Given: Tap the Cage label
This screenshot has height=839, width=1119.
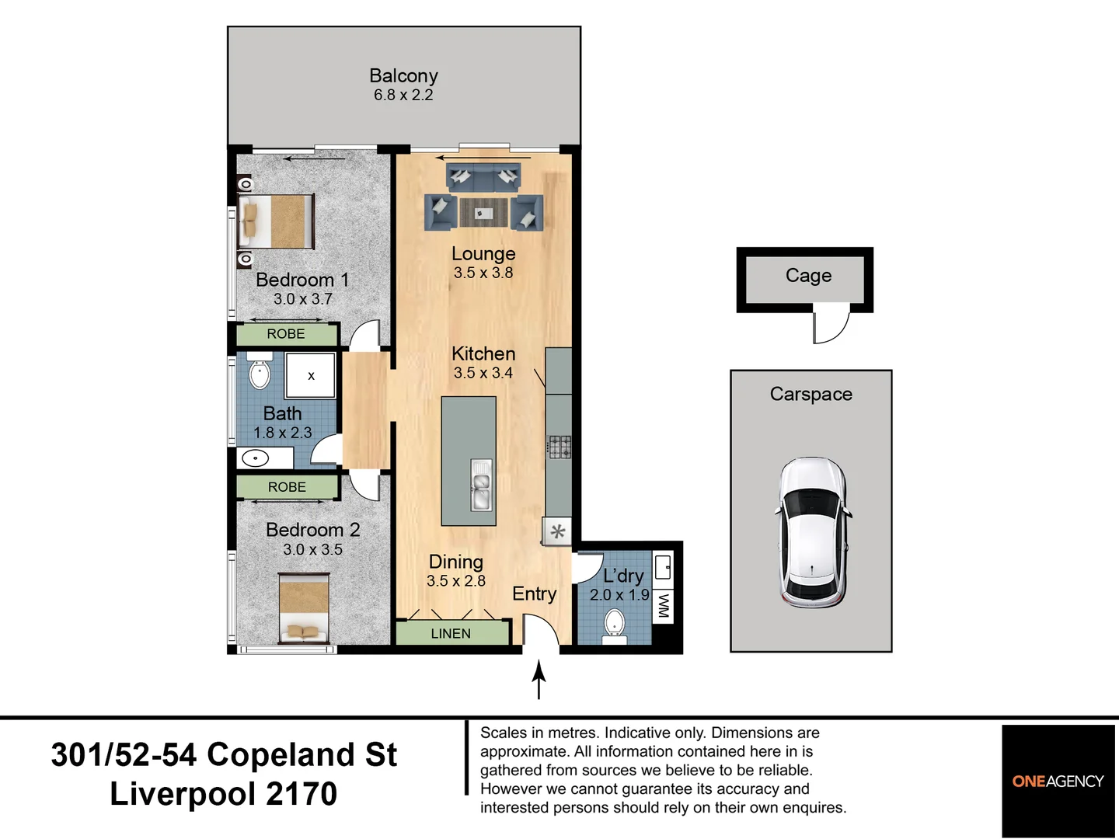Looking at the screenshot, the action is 808,276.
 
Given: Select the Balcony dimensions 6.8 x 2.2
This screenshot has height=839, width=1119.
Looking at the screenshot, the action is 403,95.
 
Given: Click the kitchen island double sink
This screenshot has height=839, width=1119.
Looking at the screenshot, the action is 481,485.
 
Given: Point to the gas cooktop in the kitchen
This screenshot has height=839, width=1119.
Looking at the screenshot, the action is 559,447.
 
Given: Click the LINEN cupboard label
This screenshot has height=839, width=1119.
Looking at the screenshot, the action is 451,634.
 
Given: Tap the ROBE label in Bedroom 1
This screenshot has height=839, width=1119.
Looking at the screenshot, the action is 286,334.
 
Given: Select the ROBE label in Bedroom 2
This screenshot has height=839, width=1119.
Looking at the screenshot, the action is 287,487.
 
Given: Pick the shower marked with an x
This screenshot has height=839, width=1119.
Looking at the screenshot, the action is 311,375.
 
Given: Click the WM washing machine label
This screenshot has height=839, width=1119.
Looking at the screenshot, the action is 664,606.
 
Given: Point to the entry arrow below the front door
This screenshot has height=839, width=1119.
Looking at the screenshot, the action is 539,680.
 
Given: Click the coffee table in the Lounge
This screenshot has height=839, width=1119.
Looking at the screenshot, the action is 484,212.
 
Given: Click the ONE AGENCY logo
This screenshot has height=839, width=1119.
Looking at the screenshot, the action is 1058,781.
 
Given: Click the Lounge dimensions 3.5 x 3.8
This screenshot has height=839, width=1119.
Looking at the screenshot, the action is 483,273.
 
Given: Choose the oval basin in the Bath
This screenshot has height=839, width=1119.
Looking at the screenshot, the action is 255,458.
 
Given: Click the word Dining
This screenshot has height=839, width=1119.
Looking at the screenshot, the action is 455,562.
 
